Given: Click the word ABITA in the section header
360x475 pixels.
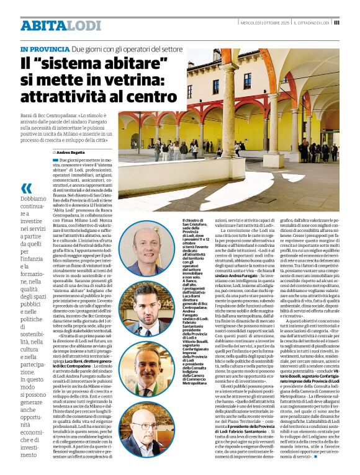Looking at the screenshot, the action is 43,25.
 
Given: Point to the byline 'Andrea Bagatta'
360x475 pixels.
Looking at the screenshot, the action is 73,152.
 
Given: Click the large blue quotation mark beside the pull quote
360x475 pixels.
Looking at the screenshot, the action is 26,189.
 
